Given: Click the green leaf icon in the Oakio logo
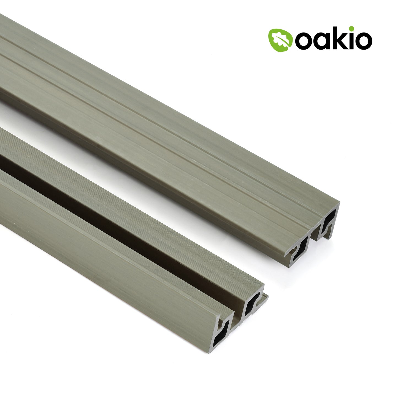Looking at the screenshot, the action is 280,40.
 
